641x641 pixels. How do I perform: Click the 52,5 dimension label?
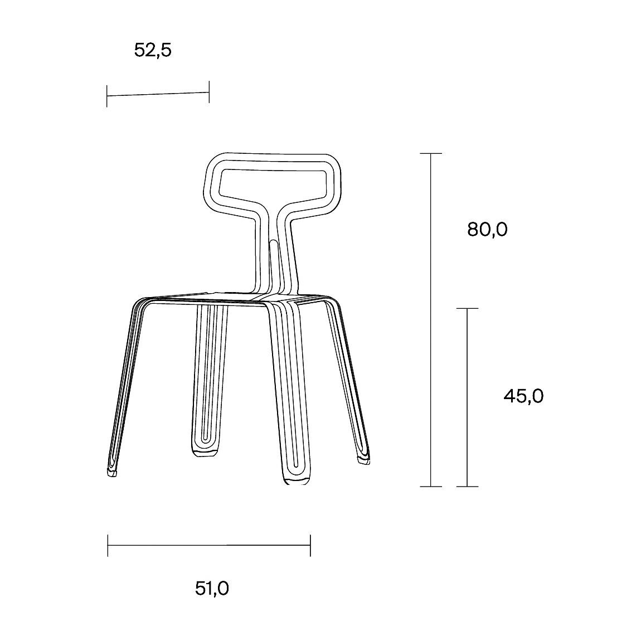pos(153,51)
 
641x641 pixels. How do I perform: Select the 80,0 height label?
pos(487,229)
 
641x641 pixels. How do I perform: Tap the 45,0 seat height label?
pos(523,396)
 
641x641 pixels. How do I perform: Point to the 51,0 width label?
pos(212,588)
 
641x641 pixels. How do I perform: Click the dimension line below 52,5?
pos(158,94)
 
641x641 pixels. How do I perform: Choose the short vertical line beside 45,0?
pos(467,397)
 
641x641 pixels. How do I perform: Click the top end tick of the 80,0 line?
pos(431,153)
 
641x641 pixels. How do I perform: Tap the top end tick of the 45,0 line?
pos(467,308)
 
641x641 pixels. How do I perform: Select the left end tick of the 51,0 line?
pos(108,545)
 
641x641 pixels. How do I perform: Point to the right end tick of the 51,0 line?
pos(310,545)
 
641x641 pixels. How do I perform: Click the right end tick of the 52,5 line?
pos(209,92)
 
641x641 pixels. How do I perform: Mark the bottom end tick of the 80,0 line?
pos(431,486)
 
